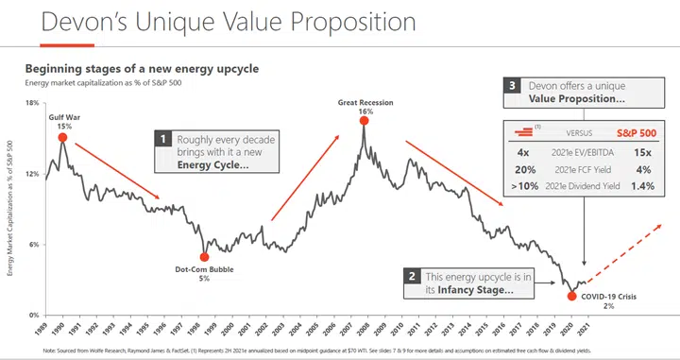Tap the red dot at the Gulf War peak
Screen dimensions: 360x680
(62, 137)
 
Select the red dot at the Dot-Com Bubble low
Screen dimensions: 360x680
(204, 257)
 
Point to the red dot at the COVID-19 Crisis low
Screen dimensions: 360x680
(571, 296)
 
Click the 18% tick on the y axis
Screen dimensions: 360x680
(30, 104)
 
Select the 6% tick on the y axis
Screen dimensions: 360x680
(30, 245)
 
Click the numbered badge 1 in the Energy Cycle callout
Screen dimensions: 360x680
(163, 140)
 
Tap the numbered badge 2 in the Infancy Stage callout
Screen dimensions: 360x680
(412, 277)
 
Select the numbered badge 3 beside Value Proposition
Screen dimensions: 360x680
(513, 86)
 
